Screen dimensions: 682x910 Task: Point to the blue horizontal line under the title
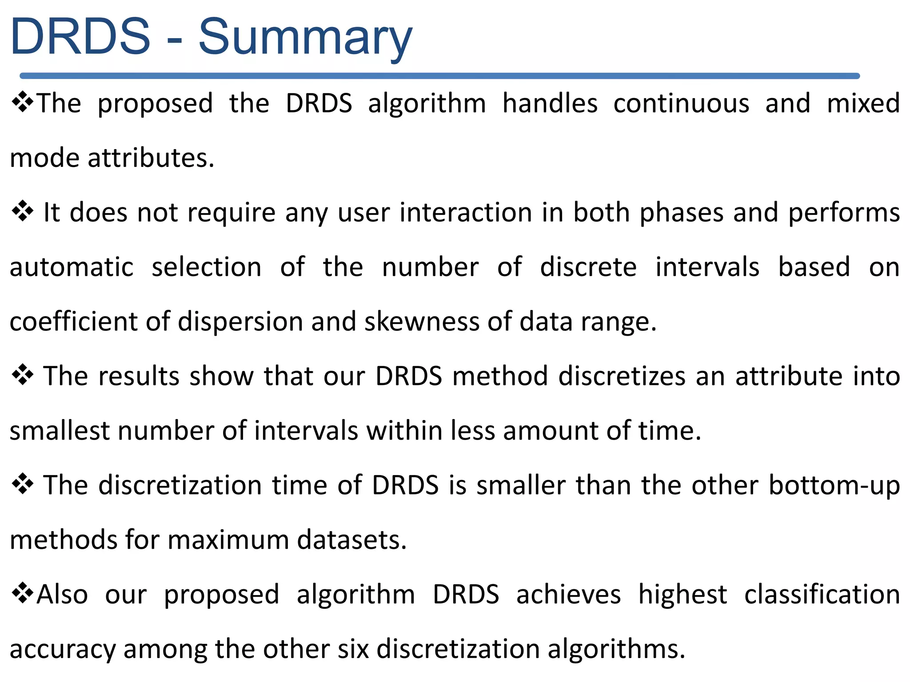coord(440,76)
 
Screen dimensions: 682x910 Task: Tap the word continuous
coord(681,103)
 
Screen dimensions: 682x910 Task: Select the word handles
coord(550,103)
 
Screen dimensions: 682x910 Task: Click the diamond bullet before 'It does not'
coord(22,211)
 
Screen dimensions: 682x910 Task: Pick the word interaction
coord(466,212)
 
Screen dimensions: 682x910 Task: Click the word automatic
coord(72,267)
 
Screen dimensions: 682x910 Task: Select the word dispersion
coord(240,321)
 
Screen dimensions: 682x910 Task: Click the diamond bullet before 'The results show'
coord(22,375)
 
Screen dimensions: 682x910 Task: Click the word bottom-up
coord(834,485)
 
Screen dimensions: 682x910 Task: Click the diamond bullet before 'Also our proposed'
coord(22,594)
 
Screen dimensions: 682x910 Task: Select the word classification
coord(822,595)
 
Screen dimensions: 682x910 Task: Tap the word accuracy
coord(62,650)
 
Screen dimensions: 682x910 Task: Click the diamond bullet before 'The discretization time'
coord(22,484)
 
